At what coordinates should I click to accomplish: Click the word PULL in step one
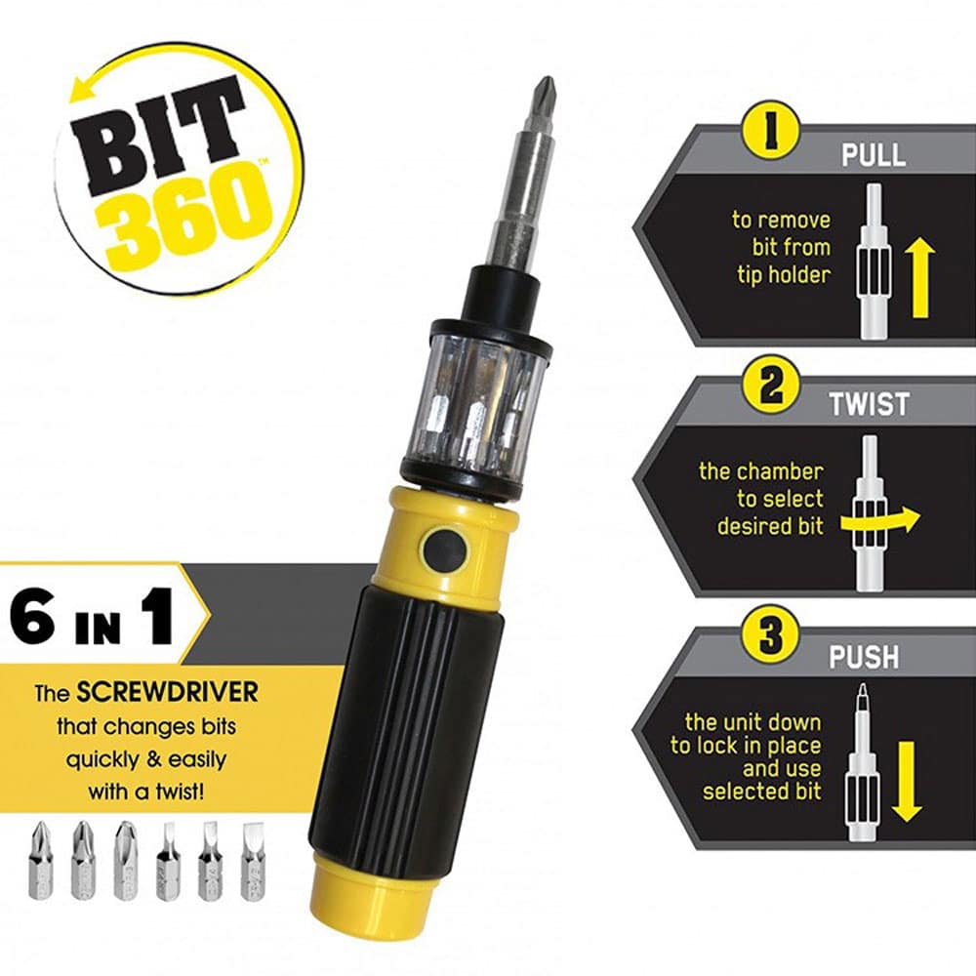click(874, 154)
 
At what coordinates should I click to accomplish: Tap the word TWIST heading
click(870, 405)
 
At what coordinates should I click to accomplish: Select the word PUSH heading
click(864, 657)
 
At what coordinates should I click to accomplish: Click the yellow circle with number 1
click(771, 132)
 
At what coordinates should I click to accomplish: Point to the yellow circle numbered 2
click(771, 384)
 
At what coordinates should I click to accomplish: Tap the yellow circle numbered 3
click(771, 635)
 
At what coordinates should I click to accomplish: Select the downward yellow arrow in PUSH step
click(907, 782)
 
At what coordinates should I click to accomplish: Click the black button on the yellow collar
click(443, 548)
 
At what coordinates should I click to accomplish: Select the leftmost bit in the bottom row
click(40, 860)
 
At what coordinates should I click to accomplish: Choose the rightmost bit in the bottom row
click(252, 861)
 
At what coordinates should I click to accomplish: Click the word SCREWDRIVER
click(167, 692)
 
